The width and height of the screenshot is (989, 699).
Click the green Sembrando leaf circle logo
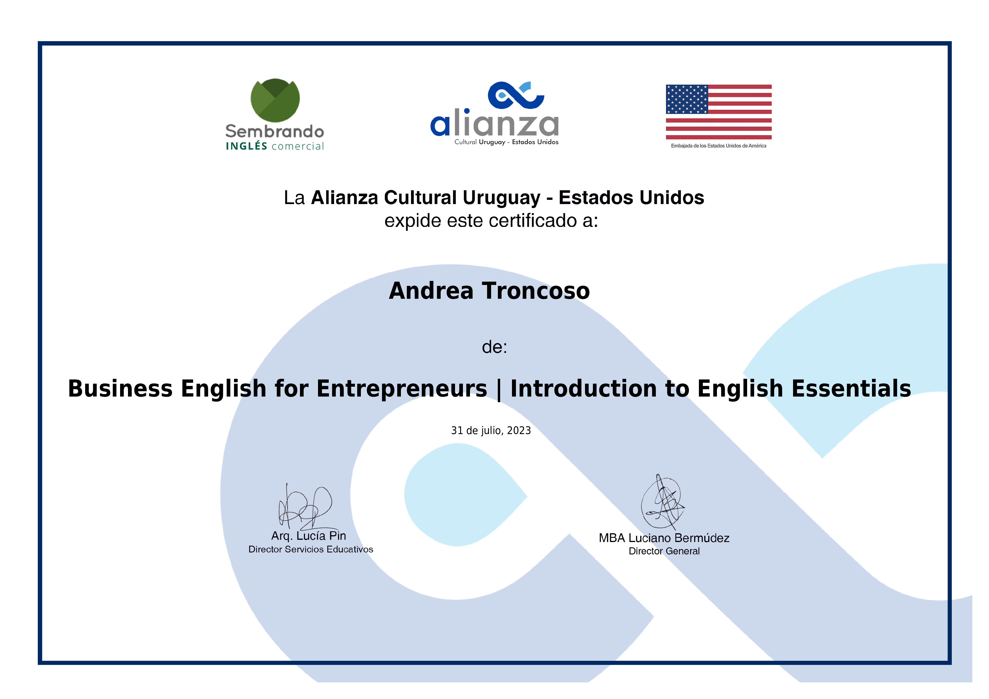click(x=275, y=100)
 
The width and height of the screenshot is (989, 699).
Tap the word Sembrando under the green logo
click(x=275, y=131)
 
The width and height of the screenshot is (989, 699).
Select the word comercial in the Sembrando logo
click(x=298, y=147)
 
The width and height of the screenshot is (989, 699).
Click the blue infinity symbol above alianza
click(x=516, y=95)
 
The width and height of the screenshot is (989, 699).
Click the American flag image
click(x=718, y=112)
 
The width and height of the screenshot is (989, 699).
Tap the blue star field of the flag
click(x=686, y=99)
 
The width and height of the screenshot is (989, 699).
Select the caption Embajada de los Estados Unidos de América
click(x=718, y=146)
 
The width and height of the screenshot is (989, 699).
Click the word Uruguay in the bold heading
click(x=501, y=198)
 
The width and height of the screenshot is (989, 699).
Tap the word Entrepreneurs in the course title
click(x=402, y=389)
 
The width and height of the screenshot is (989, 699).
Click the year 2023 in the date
click(x=519, y=431)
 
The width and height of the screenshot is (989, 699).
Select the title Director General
click(x=664, y=551)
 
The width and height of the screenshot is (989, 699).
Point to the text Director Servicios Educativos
click(x=311, y=550)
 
